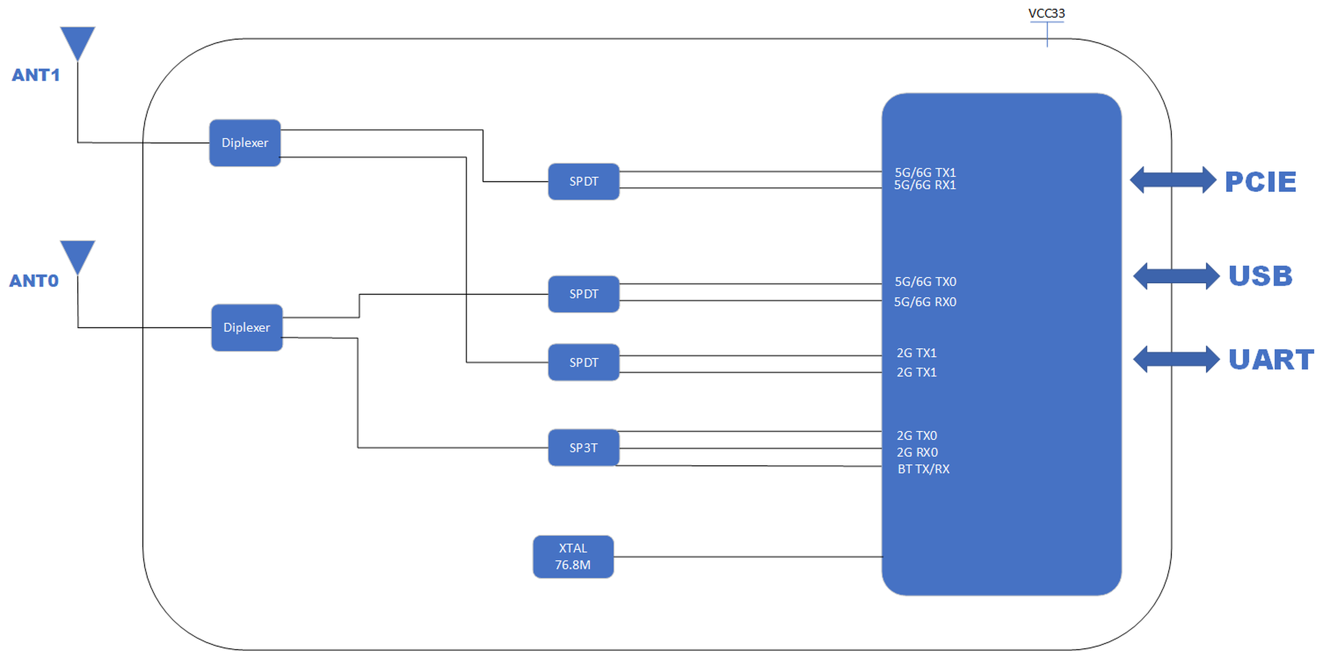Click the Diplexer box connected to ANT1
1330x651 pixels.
[x=245, y=143]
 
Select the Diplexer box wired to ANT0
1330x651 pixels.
[x=247, y=327]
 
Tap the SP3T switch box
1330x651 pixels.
[x=584, y=448]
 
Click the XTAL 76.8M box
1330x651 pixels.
[x=573, y=557]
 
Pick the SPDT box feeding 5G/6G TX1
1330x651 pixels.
[x=584, y=181]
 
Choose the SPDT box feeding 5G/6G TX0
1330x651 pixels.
[x=584, y=294]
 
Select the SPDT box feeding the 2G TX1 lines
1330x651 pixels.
[x=584, y=362]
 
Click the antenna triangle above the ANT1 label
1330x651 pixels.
[x=77, y=43]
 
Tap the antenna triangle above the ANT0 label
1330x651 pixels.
[x=77, y=257]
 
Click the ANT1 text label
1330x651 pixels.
[x=36, y=75]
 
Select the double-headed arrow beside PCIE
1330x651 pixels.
[x=1173, y=180]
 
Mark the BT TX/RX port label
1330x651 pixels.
[x=923, y=469]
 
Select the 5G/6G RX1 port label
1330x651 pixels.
[x=925, y=185]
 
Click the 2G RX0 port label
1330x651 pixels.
[x=917, y=452]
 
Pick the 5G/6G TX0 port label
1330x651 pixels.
[x=925, y=282]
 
